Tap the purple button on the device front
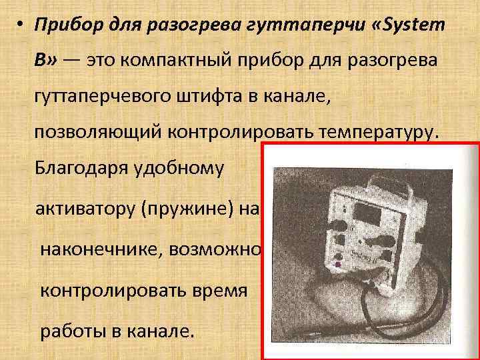(337, 264)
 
